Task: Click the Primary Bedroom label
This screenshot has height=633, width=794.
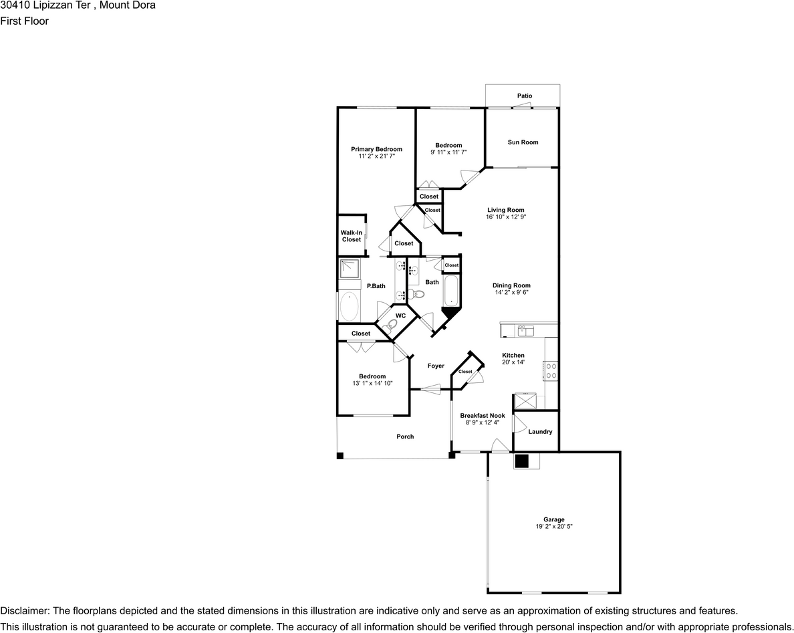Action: point(376,149)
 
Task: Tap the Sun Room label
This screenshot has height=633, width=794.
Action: point(523,142)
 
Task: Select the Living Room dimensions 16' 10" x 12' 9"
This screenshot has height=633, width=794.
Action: point(506,217)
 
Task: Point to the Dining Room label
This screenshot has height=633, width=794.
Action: point(511,285)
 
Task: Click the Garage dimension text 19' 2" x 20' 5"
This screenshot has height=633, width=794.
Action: point(554,527)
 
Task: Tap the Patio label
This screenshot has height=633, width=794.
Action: point(525,96)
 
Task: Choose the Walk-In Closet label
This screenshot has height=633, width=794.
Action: point(352,236)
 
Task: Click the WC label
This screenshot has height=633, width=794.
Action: point(400,316)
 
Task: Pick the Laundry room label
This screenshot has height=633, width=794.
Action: point(540,432)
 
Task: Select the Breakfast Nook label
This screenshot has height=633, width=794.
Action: point(483,416)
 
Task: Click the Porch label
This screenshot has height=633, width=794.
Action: point(405,436)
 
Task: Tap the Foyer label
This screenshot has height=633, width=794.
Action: point(436,366)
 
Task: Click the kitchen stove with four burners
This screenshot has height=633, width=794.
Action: point(551,371)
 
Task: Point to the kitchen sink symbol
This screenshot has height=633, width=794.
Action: point(525,331)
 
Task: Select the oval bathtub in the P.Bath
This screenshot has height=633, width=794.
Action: point(350,306)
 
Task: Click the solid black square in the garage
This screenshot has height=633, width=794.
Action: point(521,461)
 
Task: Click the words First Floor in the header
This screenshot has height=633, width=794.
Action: point(24,21)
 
